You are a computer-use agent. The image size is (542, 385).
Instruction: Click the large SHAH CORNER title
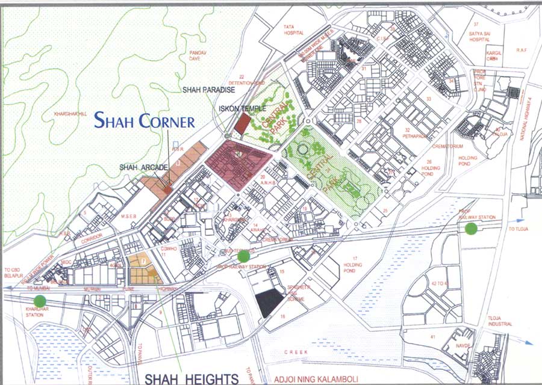click(x=145, y=120)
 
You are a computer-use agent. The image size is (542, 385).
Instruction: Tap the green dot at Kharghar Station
click(x=40, y=301)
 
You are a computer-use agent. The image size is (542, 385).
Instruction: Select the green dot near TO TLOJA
click(x=471, y=228)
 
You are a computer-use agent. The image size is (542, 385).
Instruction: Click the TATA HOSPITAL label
click(x=294, y=30)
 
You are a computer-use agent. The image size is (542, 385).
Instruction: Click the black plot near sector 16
click(x=269, y=302)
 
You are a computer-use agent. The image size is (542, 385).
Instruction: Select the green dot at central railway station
click(x=243, y=257)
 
